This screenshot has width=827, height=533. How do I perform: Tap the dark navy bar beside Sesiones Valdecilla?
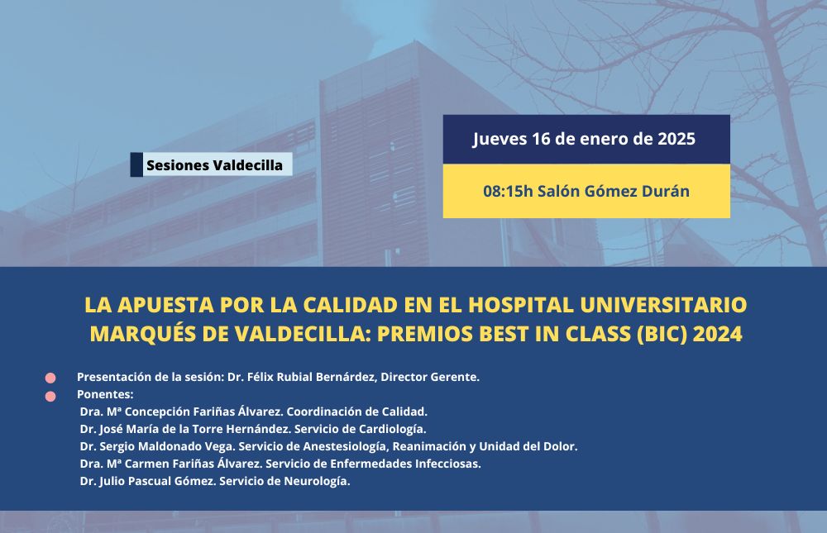[136, 164]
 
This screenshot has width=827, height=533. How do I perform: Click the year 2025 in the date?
[676, 139]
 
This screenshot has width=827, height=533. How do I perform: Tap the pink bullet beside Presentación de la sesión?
[50, 378]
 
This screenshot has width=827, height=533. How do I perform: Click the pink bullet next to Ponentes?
[50, 397]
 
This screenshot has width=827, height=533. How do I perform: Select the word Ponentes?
[105, 394]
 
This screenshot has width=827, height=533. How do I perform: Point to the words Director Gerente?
[430, 377]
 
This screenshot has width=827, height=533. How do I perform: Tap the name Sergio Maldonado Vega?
[166, 446]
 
